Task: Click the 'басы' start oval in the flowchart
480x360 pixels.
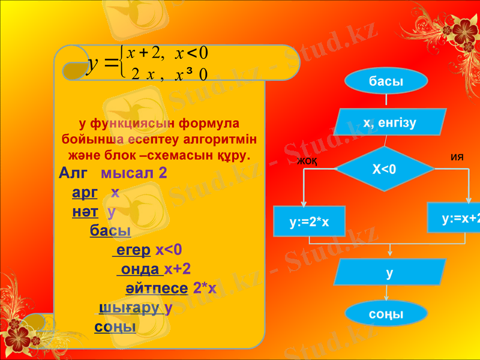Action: (x=386, y=82)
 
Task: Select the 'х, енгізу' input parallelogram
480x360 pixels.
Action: (x=390, y=123)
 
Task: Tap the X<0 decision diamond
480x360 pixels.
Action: (x=385, y=169)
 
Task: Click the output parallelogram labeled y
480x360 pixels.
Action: (x=390, y=273)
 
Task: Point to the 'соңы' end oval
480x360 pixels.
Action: (x=386, y=314)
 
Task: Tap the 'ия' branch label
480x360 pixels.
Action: (x=457, y=157)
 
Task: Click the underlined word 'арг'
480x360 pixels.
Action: (x=85, y=193)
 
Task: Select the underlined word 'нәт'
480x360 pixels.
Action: (x=85, y=212)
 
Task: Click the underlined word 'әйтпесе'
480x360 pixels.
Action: (x=157, y=288)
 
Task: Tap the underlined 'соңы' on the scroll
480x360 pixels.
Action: (x=115, y=327)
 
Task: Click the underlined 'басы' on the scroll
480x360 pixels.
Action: (x=110, y=230)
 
